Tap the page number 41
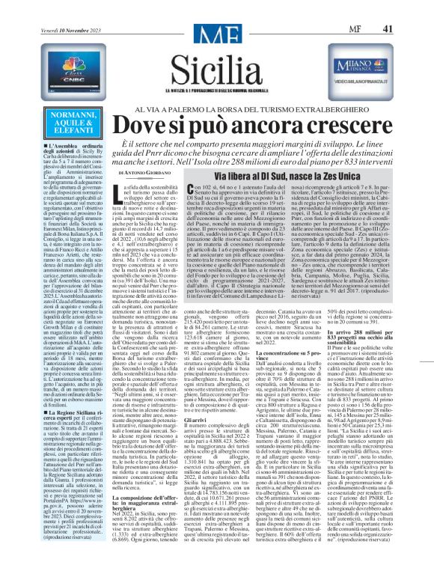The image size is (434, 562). tap(407, 7)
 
